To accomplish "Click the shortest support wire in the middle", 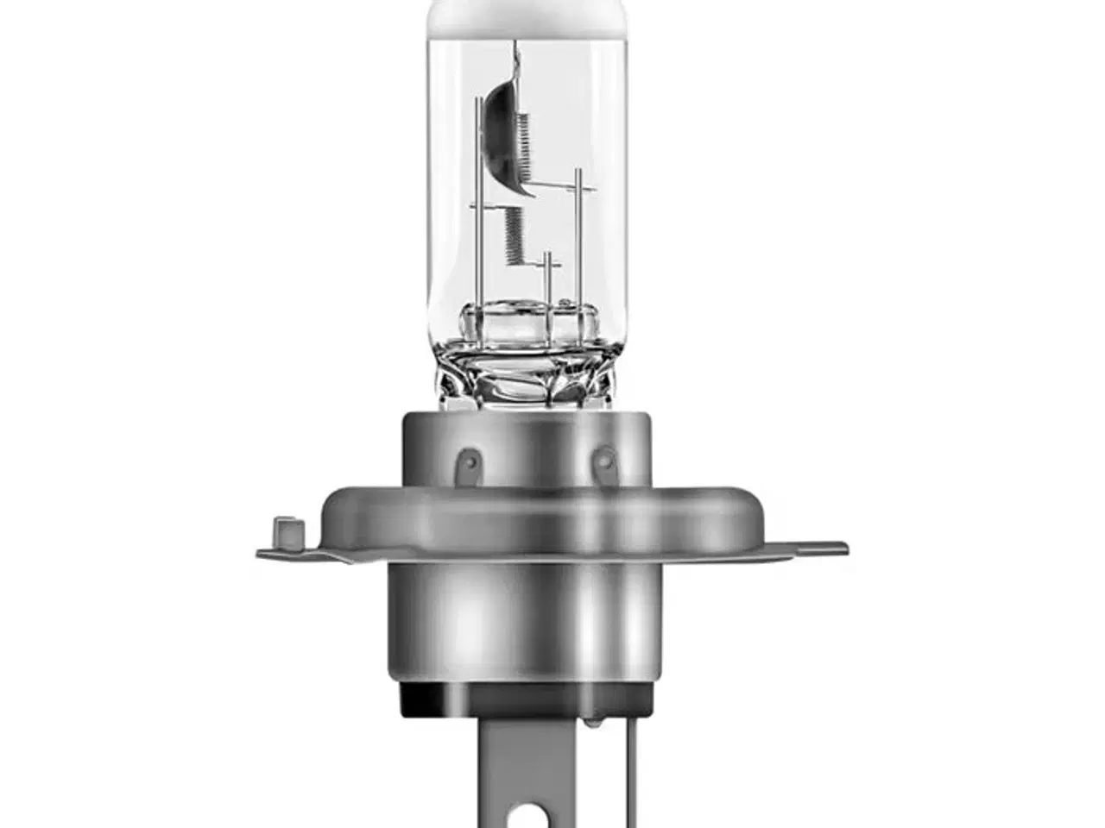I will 547,280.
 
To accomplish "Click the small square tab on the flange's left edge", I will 283,530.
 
